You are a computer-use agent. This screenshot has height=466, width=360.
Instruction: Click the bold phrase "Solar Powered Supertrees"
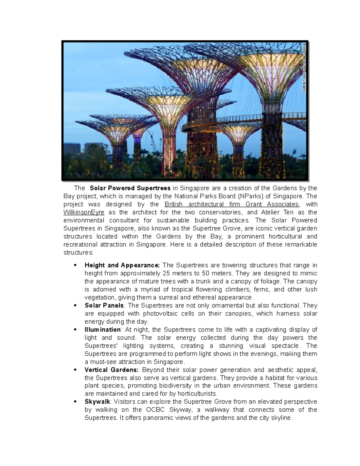point(130,188)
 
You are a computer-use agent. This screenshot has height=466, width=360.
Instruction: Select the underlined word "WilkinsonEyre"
point(84,212)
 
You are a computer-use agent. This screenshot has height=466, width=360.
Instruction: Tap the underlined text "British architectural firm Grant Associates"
point(232,204)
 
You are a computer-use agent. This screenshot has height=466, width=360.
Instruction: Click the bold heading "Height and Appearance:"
point(122,265)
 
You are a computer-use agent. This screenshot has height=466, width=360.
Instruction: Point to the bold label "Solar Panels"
point(104,305)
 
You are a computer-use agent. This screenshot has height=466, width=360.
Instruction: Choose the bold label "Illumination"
point(103,329)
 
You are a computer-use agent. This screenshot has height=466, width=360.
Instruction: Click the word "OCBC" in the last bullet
point(155,410)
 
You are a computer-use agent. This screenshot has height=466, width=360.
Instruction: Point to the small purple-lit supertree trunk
point(137,144)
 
